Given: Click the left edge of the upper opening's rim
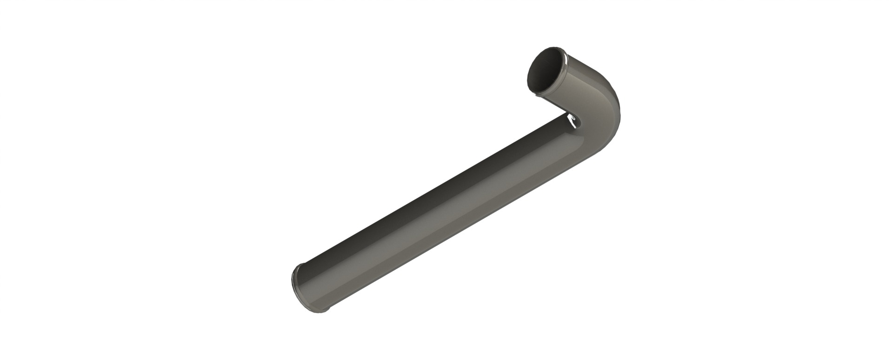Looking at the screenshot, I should click(527, 77).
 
